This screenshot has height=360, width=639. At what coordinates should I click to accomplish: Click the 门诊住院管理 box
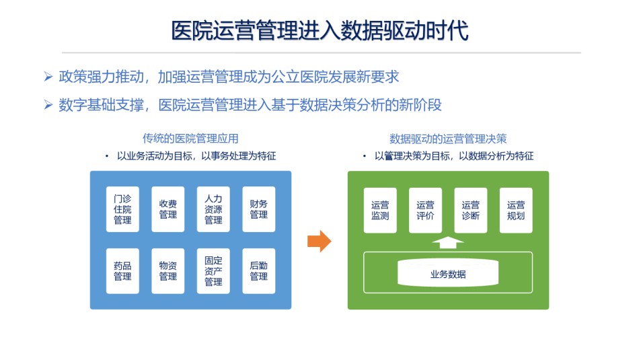pos(122,209)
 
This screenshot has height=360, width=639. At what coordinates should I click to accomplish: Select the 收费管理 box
pos(168,209)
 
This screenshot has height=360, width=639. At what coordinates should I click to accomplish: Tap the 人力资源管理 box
pos(213,209)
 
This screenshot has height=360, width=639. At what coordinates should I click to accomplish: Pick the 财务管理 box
pos(259,209)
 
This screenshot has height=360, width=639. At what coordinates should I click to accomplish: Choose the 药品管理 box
pos(122,271)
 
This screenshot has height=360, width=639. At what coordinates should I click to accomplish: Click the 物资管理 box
pos(168,271)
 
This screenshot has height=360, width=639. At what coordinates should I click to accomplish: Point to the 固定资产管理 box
pos(213,271)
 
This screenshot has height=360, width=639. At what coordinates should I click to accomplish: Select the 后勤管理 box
pos(259,271)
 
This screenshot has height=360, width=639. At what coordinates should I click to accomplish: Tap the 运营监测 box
pos(380,211)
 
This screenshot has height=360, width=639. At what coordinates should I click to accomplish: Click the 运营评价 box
pos(426,211)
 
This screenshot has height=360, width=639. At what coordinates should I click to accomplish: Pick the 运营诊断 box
pos(471,211)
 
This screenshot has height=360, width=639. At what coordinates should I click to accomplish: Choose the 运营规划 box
pos(516,211)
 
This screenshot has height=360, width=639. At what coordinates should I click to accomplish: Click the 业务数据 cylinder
pos(448,273)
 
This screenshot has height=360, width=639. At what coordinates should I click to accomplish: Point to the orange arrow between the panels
pos(319,241)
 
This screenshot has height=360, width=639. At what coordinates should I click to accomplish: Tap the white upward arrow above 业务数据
pos(448,243)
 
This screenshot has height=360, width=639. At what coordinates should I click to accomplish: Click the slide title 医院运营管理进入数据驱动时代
pos(320,30)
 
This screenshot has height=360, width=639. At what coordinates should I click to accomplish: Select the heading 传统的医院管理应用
pos(190,139)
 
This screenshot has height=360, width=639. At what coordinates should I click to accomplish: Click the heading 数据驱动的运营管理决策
pos(448,139)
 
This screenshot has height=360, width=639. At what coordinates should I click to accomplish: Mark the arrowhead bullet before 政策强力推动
pos(48,77)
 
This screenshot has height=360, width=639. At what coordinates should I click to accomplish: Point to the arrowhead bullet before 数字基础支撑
pos(48,105)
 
